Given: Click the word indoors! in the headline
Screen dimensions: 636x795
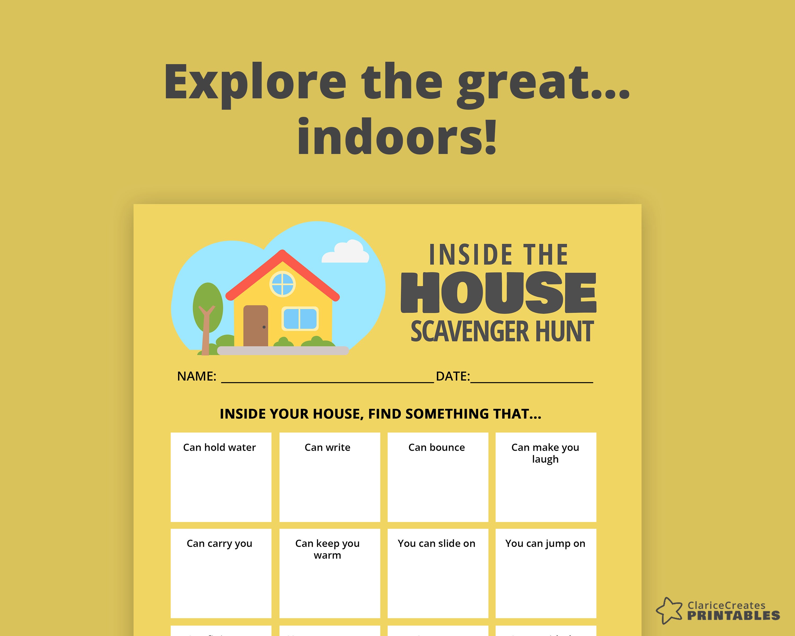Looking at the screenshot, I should click(x=397, y=137).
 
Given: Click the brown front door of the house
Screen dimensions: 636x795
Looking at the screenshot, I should click(x=255, y=326).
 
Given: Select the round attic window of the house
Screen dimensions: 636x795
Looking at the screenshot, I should click(x=282, y=284).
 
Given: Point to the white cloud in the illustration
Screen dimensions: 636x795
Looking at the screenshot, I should click(x=346, y=252).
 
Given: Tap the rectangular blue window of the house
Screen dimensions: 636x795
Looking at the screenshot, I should click(x=300, y=319).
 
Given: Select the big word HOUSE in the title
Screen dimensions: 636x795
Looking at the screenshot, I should click(x=498, y=293).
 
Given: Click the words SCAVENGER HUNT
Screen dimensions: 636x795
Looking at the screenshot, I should click(x=502, y=331).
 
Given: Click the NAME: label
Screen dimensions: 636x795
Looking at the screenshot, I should click(x=197, y=377).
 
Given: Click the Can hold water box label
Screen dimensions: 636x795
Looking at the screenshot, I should click(x=219, y=447).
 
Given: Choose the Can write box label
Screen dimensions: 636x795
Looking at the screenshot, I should click(x=328, y=447).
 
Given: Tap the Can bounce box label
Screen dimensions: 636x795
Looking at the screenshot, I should click(x=436, y=447).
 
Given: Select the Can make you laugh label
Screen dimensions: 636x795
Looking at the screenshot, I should click(x=545, y=453).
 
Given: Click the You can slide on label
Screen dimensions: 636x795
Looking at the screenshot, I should click(x=436, y=544).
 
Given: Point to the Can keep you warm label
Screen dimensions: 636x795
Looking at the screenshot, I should click(x=328, y=549).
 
